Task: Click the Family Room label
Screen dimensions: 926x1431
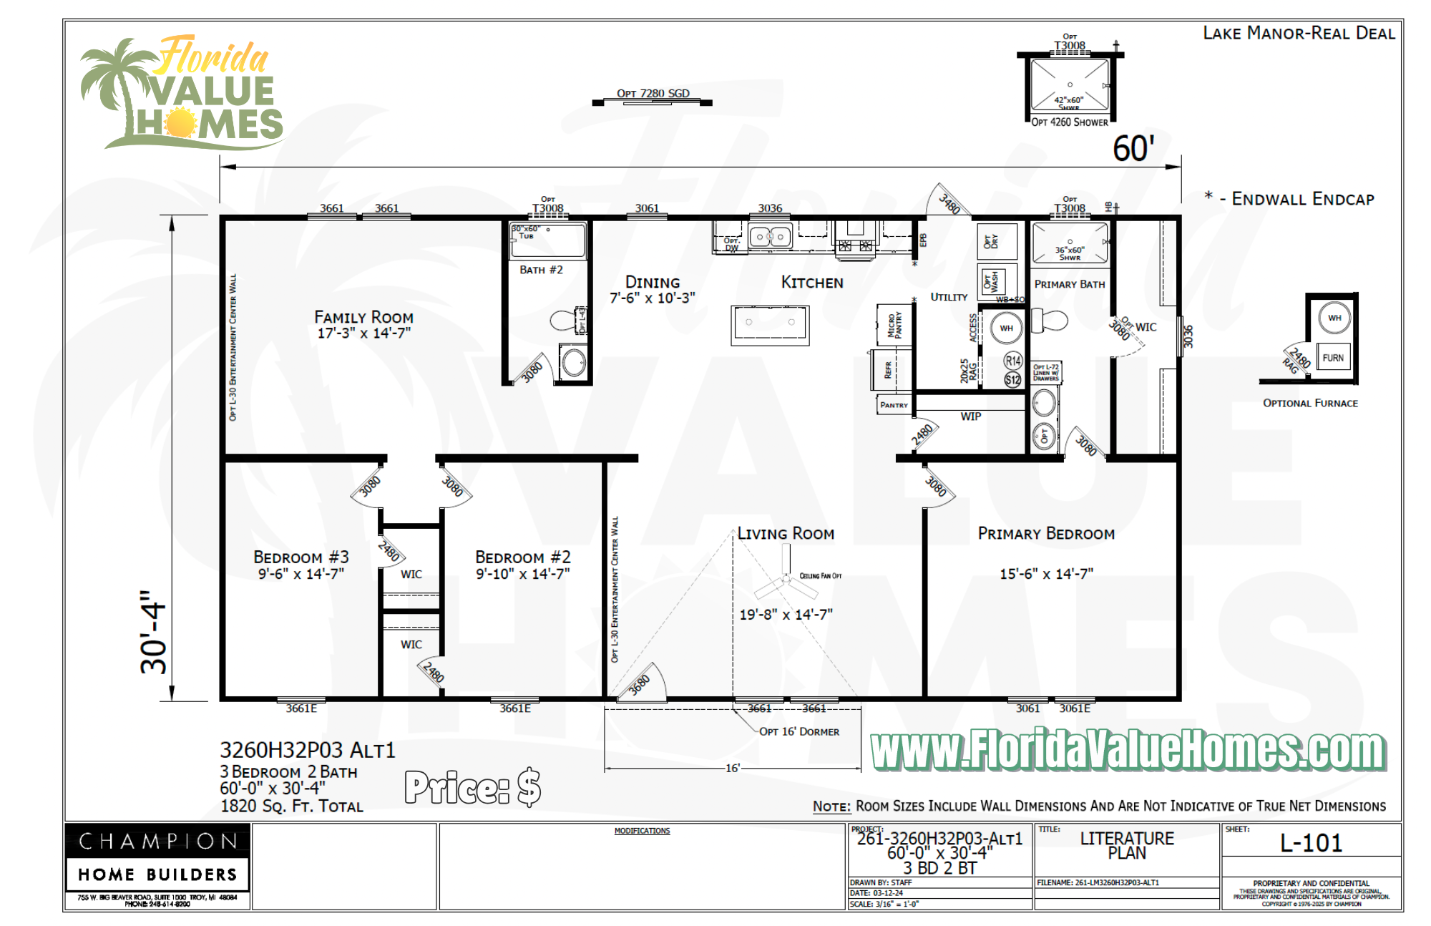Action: coord(363,317)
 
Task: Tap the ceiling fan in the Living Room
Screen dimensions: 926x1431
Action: coord(786,581)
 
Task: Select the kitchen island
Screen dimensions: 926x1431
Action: coord(770,325)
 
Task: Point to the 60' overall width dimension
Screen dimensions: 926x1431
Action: coord(1133,149)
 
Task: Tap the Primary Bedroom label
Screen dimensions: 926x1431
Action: coord(1046,534)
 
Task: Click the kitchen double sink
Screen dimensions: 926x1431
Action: coord(770,236)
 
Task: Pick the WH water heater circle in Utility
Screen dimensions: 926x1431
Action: coord(1006,328)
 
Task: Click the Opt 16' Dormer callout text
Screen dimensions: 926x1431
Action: coord(799,731)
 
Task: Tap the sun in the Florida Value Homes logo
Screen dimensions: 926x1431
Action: coord(180,122)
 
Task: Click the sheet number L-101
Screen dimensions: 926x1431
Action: coord(1311,843)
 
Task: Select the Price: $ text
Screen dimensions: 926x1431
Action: coord(473,787)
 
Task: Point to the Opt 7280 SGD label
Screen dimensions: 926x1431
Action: coord(653,93)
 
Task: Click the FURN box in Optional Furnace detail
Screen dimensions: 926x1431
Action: coord(1332,358)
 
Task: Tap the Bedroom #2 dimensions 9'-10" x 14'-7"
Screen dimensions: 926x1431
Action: coord(523,574)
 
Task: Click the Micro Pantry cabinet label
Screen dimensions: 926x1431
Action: coord(894,325)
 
